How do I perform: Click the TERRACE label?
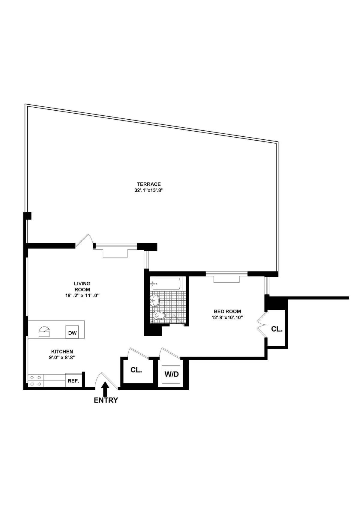(149, 184)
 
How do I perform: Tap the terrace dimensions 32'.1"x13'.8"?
(149, 190)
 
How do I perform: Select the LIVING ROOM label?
(82, 287)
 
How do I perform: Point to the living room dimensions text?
(82, 296)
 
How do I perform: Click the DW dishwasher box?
(72, 332)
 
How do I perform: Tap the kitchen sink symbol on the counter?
(44, 332)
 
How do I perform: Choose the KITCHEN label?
(62, 352)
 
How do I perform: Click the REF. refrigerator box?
(73, 381)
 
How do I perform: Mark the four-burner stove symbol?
(36, 381)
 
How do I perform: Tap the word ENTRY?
(106, 400)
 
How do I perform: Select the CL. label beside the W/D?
(136, 370)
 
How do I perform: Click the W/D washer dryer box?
(172, 374)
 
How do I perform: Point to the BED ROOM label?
(227, 311)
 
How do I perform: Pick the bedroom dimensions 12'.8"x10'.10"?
(227, 317)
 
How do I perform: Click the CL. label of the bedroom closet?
(277, 329)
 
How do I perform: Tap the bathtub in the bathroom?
(166, 284)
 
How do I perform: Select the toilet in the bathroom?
(159, 316)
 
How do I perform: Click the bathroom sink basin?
(155, 300)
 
